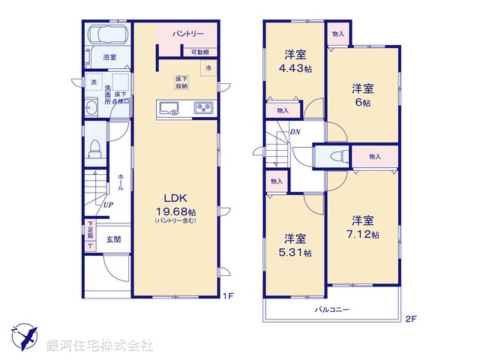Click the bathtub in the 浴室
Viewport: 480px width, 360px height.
tap(106, 37)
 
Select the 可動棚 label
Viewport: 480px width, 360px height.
tap(199, 52)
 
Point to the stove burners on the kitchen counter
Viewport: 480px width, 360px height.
tap(203, 109)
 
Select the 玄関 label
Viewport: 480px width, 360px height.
tap(112, 239)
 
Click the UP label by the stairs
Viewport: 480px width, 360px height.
tap(109, 204)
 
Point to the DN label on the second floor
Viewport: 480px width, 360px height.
tap(295, 133)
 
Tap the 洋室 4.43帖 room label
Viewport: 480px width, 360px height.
tap(293, 60)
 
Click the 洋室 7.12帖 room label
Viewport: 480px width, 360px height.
tap(362, 227)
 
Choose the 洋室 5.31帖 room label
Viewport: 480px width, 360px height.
tap(293, 245)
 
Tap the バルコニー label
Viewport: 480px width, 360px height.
tap(331, 309)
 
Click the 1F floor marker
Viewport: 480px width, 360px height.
tap(229, 295)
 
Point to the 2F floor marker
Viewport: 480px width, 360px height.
tap(410, 318)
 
